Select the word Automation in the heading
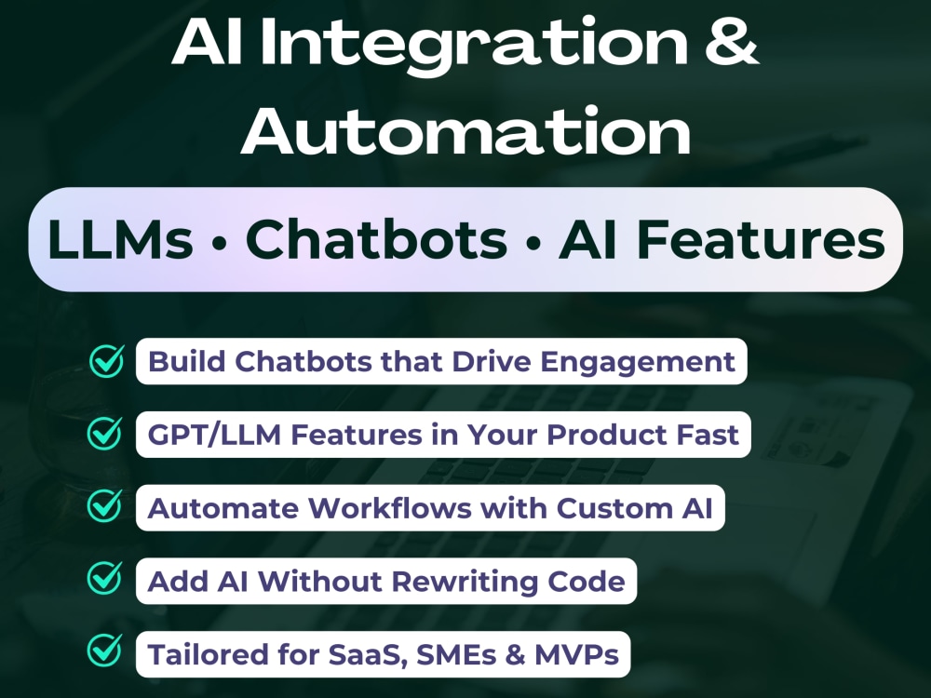(x=465, y=133)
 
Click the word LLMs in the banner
(x=120, y=240)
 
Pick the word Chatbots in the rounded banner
(x=376, y=240)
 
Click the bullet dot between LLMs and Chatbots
(x=220, y=244)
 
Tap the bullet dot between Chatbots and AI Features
(x=533, y=244)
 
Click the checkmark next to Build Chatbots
(x=106, y=361)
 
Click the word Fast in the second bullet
(x=708, y=435)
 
